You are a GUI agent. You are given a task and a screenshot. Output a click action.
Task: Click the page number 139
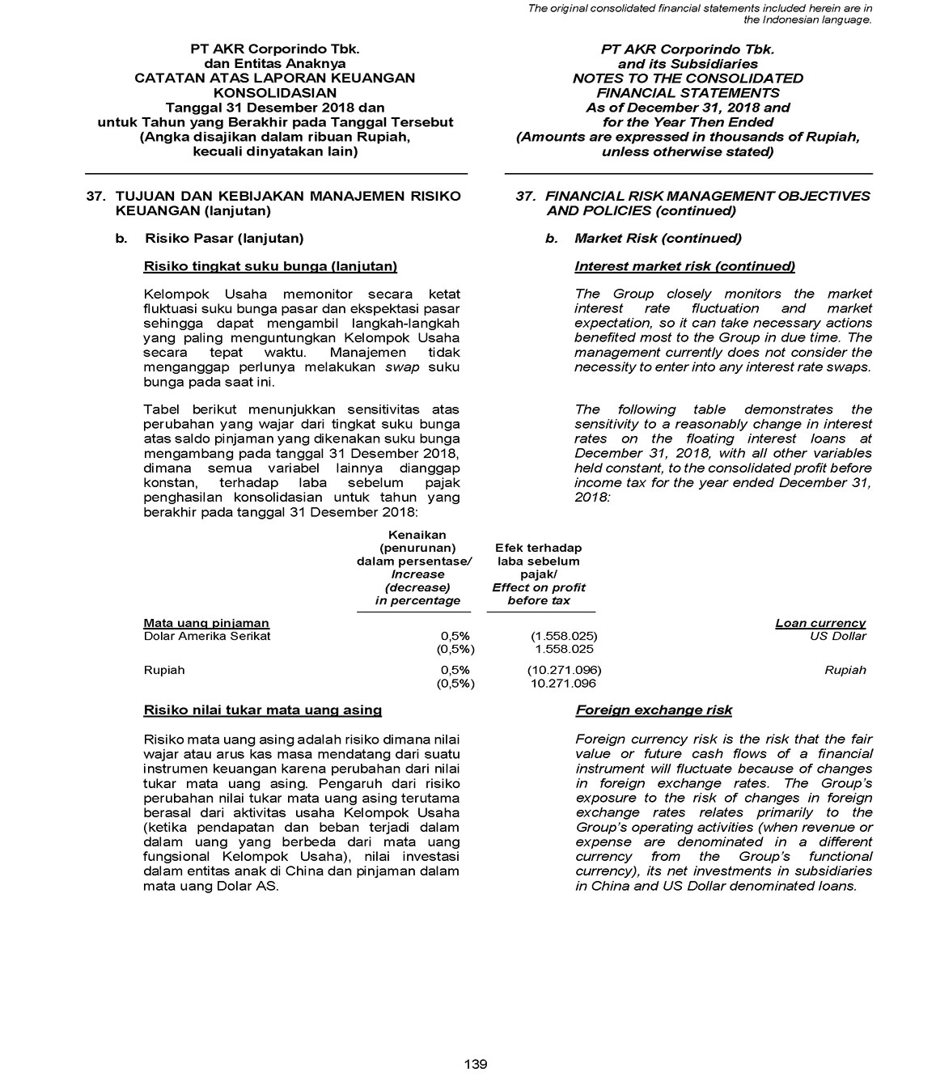click(x=476, y=1064)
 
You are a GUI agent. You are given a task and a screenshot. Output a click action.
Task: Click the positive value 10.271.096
click(x=563, y=684)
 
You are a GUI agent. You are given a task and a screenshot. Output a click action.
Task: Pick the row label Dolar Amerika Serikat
click(x=206, y=636)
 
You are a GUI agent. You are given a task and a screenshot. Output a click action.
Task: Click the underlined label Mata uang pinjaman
click(x=206, y=623)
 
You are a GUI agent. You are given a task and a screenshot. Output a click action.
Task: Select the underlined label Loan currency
click(x=820, y=623)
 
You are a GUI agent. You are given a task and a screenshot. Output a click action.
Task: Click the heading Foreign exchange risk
click(x=654, y=710)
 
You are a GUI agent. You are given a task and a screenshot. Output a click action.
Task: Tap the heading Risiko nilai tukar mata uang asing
click(x=262, y=710)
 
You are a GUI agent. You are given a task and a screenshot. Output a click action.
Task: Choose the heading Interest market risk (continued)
click(x=684, y=266)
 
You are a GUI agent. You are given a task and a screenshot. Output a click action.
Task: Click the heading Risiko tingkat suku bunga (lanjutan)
click(x=270, y=266)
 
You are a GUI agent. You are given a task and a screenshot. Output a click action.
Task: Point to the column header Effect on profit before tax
click(x=539, y=594)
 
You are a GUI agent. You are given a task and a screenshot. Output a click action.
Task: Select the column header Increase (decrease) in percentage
click(x=417, y=587)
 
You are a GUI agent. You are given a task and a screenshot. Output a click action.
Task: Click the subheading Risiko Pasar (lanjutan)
click(x=224, y=239)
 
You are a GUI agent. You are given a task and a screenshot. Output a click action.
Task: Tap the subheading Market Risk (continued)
click(x=657, y=239)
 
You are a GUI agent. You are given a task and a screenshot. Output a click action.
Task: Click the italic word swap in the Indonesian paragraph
click(x=401, y=367)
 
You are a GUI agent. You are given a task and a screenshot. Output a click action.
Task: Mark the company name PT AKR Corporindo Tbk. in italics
click(x=688, y=49)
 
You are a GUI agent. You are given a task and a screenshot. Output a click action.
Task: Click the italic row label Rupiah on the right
click(x=845, y=670)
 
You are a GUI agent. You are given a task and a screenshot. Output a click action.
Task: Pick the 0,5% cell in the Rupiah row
click(x=455, y=670)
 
